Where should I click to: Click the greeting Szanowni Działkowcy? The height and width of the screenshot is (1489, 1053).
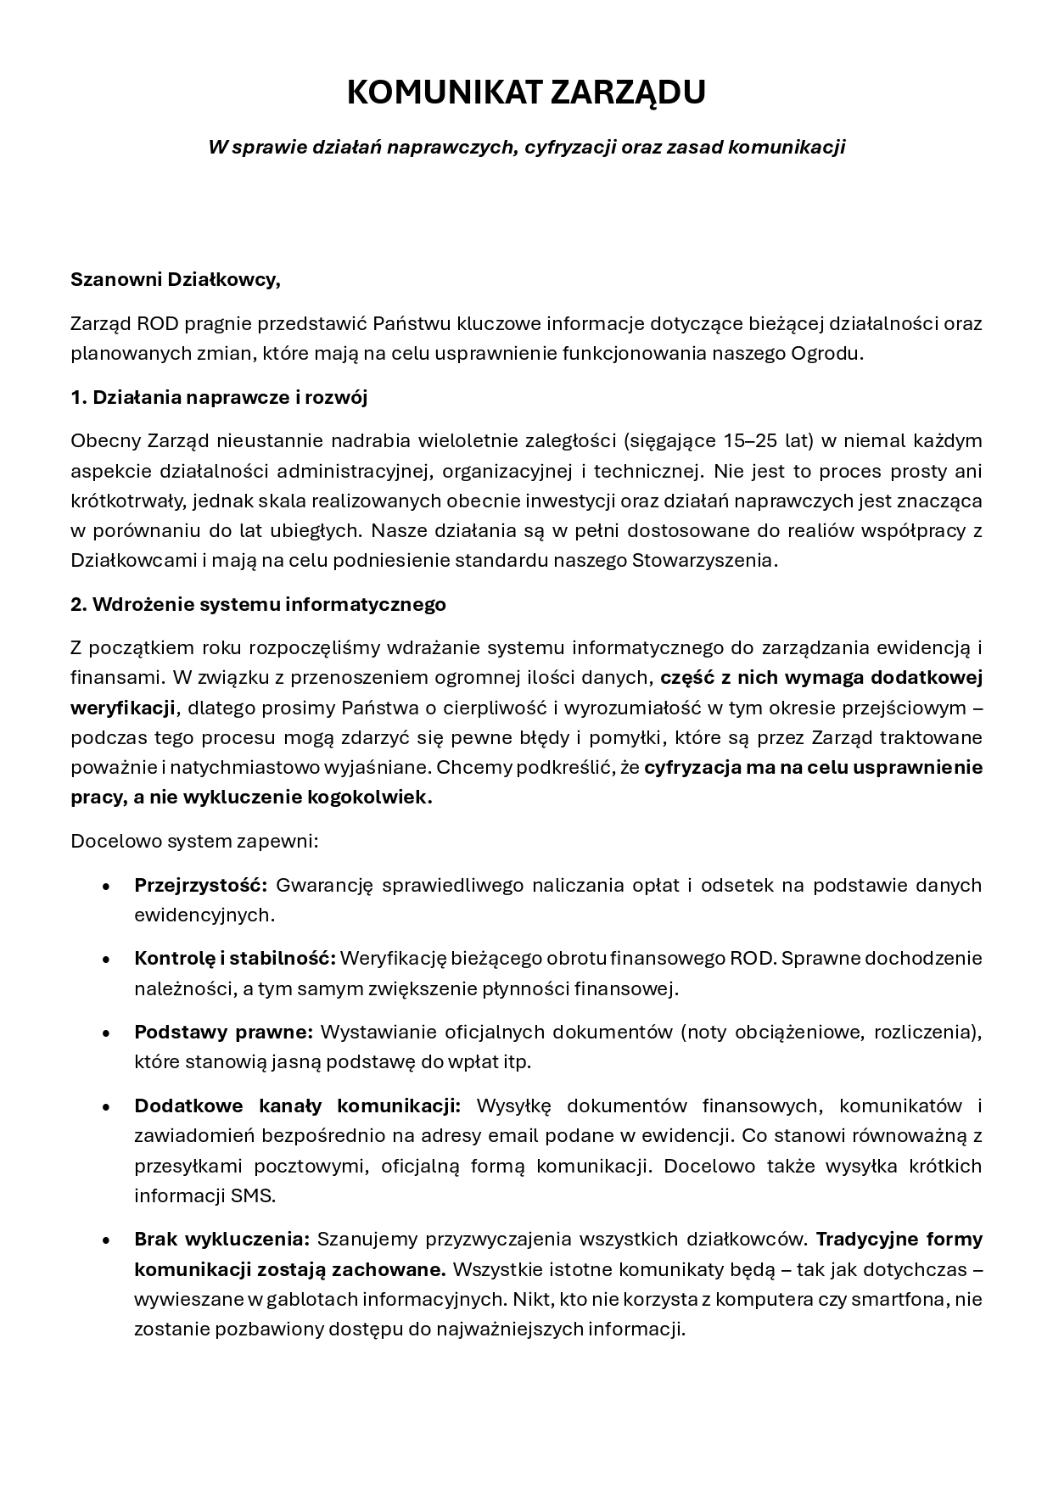tap(176, 280)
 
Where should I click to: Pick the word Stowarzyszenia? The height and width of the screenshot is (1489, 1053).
tap(703, 561)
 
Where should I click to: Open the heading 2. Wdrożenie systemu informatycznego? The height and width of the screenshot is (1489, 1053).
tap(258, 604)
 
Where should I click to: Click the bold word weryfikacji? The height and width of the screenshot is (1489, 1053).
tap(124, 708)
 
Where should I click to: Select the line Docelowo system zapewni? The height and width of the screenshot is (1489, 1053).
tap(194, 842)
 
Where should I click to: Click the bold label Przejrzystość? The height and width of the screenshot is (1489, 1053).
tap(201, 885)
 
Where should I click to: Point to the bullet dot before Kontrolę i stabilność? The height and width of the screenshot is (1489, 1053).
tap(106, 960)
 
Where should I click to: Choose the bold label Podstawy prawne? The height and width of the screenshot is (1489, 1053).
tap(224, 1032)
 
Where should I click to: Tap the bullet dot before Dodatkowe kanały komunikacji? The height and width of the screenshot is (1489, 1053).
tap(106, 1107)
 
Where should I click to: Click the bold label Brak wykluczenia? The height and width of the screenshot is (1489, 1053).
tap(222, 1239)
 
